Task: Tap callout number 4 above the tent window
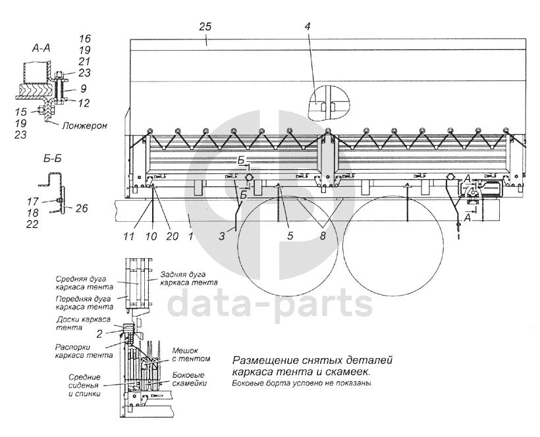[325, 26]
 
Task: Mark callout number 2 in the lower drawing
[99, 333]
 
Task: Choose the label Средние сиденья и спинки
[85, 385]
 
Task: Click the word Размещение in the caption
[261, 361]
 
